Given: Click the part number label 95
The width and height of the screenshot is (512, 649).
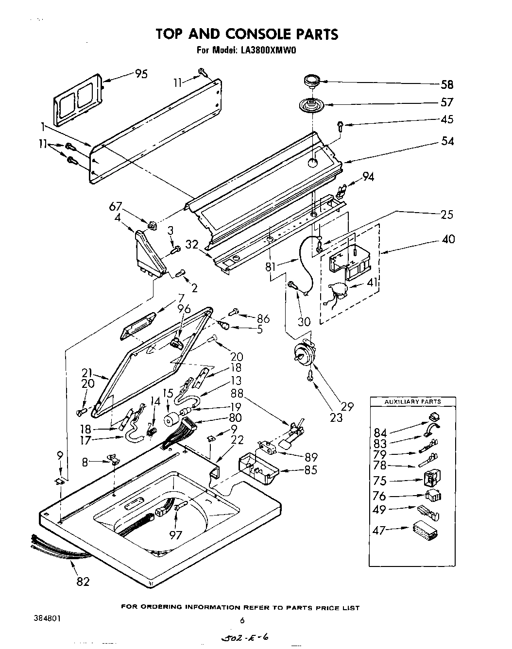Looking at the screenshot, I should (x=141, y=74).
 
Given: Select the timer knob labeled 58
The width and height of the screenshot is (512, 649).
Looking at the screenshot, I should (x=308, y=81).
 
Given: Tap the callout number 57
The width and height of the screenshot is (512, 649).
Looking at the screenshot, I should (x=446, y=102).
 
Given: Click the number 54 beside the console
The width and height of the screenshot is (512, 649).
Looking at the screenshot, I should (x=446, y=141).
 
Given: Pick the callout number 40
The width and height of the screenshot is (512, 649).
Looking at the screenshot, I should (x=448, y=239).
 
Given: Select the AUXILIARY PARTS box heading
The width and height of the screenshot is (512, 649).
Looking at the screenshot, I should (x=412, y=401).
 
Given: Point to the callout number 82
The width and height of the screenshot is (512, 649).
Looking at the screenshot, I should (x=83, y=581).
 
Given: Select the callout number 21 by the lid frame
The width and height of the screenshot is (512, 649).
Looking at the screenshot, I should (x=87, y=373).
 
